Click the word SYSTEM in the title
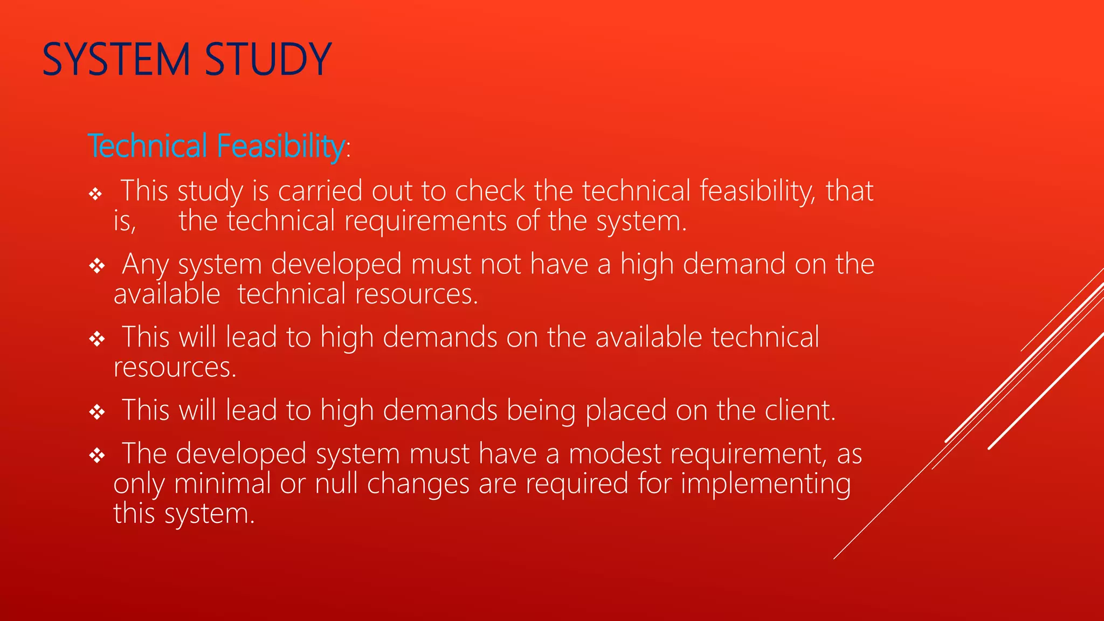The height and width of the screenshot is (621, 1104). click(116, 59)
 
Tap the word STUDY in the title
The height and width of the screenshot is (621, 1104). click(268, 59)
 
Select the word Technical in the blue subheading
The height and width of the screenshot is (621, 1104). click(148, 146)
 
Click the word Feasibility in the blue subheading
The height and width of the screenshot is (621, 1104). click(280, 146)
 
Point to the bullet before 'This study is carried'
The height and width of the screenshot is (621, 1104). click(96, 194)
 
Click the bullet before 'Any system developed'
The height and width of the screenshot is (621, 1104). click(97, 266)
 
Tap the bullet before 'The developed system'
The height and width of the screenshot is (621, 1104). click(97, 456)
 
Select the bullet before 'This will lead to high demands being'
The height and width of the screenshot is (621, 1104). click(97, 412)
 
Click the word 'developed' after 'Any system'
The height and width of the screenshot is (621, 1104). click(336, 264)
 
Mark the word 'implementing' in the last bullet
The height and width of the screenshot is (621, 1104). click(765, 484)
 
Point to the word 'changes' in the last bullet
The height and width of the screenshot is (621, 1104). click(418, 484)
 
